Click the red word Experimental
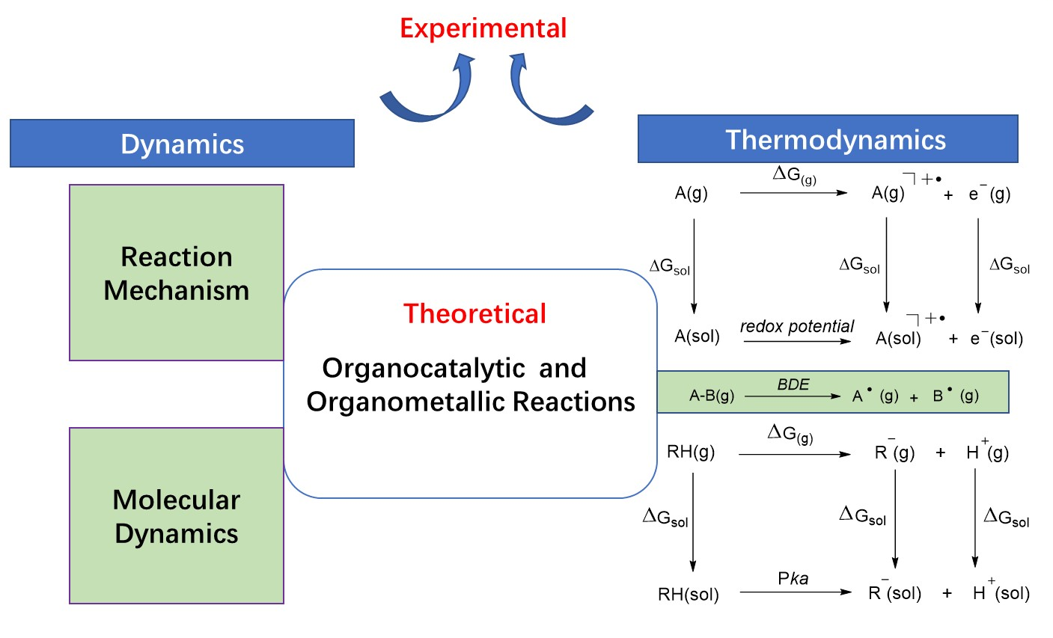(x=483, y=28)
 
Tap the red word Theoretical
(x=474, y=313)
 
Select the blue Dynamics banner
(x=182, y=144)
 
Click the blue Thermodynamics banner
(x=828, y=139)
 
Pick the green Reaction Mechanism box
(x=177, y=273)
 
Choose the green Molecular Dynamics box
(x=177, y=516)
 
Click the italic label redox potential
(x=797, y=326)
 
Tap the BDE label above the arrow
(x=793, y=384)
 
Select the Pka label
(x=793, y=578)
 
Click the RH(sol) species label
(x=688, y=595)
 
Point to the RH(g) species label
(x=690, y=452)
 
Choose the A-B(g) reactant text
(x=711, y=396)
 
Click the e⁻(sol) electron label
(x=996, y=338)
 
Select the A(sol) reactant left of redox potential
(x=697, y=337)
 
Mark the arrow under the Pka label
(x=796, y=592)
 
